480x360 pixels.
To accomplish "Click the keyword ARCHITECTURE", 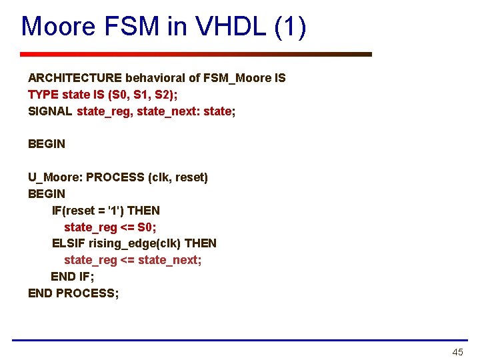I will click(x=75, y=78).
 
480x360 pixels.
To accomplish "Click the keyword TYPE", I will click(x=43, y=95).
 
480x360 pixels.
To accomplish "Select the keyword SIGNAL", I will click(x=50, y=111).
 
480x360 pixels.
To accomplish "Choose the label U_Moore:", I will click(x=55, y=177).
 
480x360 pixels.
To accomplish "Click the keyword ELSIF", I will click(x=69, y=243).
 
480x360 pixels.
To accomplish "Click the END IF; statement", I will click(x=73, y=276).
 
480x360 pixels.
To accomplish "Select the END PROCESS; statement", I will click(x=73, y=293).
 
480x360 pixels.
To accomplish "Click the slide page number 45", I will click(x=457, y=352).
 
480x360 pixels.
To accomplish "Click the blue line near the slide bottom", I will click(x=240, y=340).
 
